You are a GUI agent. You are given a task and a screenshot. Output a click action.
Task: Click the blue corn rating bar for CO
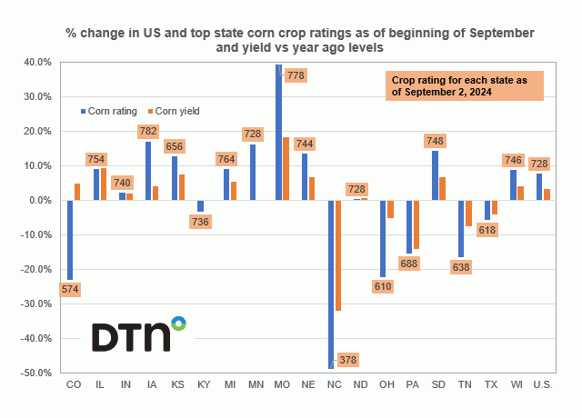[70, 239]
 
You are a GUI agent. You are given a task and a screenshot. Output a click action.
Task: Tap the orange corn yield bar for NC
[338, 255]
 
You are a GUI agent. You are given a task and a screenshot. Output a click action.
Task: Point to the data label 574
[70, 290]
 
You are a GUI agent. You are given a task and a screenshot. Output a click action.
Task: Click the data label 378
[347, 360]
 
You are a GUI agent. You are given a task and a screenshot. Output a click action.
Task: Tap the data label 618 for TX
[489, 231]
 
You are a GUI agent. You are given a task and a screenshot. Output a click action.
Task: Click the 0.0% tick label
[41, 200]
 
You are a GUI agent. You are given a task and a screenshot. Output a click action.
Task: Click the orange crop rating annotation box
[464, 86]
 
